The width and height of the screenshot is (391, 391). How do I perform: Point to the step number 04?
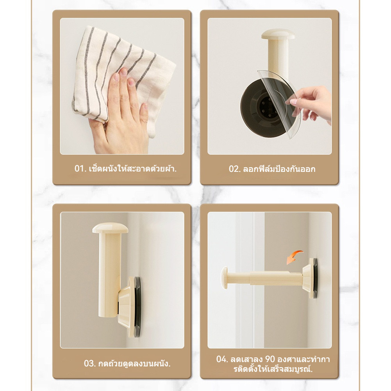point(222,359)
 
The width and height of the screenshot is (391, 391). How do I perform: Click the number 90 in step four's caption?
point(270,359)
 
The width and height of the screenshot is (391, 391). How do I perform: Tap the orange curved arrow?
point(294,257)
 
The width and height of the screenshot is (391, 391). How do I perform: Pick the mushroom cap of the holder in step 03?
point(110,228)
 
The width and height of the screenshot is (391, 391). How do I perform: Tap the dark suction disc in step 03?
point(137,307)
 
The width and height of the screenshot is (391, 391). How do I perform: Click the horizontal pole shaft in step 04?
point(264,278)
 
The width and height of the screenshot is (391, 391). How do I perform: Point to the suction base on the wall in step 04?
point(311,278)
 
